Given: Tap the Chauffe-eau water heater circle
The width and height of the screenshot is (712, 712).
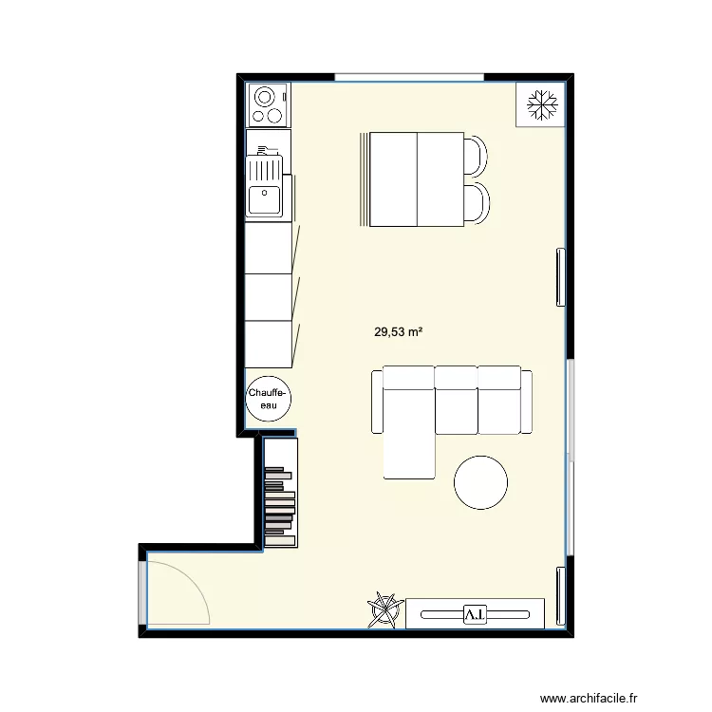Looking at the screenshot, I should pos(269,399).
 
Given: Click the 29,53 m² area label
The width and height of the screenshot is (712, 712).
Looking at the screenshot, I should pos(398,332).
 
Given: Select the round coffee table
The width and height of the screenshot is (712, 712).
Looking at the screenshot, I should pos(481,483).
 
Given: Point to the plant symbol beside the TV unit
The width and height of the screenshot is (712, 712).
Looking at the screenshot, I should pos(384,610).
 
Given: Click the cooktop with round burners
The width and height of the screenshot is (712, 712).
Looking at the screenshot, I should pos(268,104).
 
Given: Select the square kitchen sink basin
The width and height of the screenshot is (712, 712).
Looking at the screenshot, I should pos(265,199).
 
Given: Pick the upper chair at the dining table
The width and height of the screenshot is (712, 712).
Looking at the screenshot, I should pos(478,154).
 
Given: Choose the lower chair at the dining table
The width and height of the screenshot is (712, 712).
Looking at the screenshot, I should pos(478,202).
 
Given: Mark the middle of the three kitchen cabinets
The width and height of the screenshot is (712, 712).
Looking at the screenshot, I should pos(269,296).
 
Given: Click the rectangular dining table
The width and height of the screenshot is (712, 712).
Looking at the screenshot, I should pos(417,179).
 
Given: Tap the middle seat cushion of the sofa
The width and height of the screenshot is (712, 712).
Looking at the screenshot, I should pos(456,399).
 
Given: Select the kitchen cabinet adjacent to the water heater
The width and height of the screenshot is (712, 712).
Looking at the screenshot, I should pos(269,344).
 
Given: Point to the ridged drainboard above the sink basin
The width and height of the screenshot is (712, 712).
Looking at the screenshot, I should pos(265,168).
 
